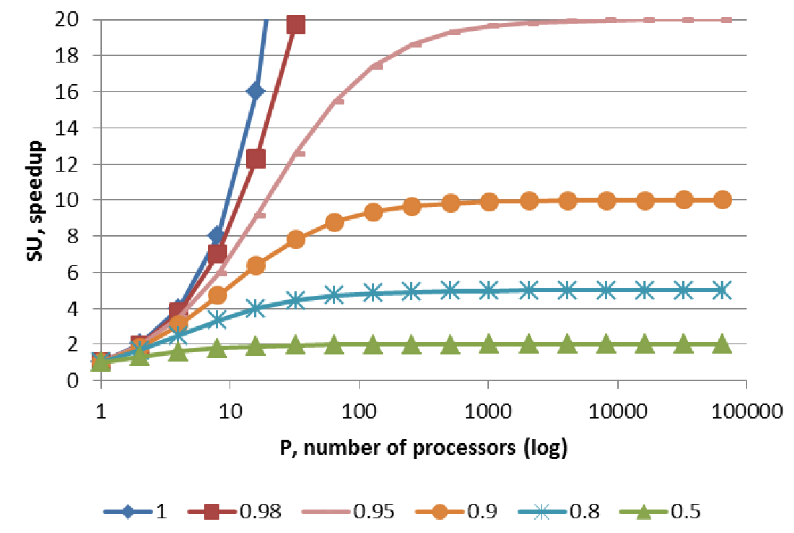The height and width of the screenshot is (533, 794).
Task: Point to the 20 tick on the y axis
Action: (70, 19)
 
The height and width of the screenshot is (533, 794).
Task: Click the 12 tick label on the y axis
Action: (70, 164)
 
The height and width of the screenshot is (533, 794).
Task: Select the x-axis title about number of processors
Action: (423, 449)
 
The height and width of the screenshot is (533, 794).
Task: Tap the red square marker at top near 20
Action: (295, 25)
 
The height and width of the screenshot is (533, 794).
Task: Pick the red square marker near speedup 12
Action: (256, 158)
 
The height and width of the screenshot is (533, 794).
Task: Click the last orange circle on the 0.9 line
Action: (722, 199)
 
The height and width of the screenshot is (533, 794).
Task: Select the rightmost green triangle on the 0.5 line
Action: (722, 344)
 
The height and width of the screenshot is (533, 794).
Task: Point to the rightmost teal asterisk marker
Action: (722, 290)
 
